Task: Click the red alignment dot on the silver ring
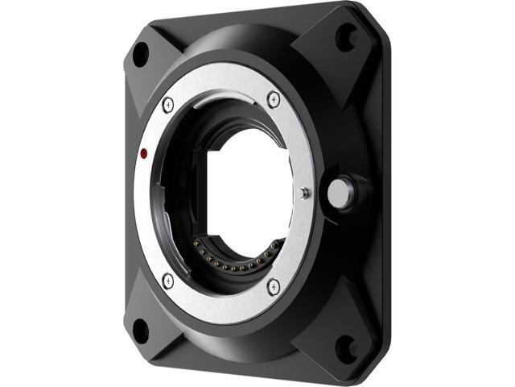tap(142, 152)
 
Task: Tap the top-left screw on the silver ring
tap(168, 102)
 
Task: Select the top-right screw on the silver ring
tap(273, 98)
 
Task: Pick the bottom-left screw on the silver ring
tap(167, 280)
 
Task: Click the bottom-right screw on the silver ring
tap(273, 285)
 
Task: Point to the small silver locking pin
tap(303, 192)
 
